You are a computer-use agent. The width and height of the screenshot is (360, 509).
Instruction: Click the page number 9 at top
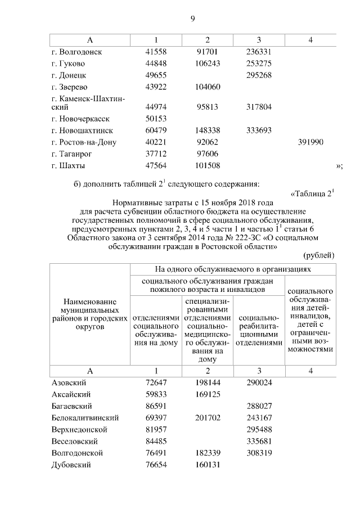tap(192, 19)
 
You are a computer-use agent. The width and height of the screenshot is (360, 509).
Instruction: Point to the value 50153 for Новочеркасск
tap(155, 119)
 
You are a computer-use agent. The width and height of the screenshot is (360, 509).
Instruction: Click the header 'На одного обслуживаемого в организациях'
tap(232, 269)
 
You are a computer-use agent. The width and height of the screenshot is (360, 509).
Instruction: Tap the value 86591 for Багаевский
tap(155, 406)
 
